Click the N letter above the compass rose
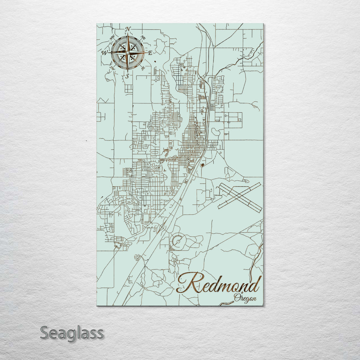click(128, 29)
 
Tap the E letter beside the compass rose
click(150, 53)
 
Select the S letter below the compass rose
click(127, 76)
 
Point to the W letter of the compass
click(104, 53)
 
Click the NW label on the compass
click(113, 37)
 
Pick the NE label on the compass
click(143, 37)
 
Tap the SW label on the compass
click(112, 68)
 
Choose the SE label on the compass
click(143, 68)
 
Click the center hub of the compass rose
click(127, 53)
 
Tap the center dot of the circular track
click(178, 240)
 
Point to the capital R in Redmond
click(190, 283)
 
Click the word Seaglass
click(72, 333)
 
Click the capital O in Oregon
click(237, 297)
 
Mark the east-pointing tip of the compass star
click(146, 53)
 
